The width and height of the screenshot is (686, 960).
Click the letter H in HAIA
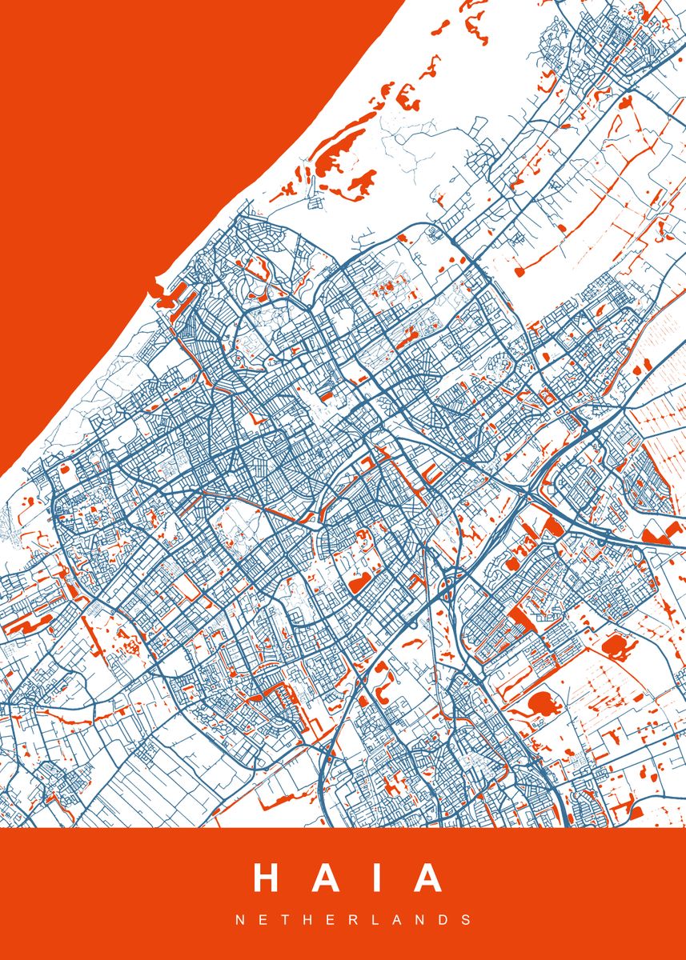click(269, 878)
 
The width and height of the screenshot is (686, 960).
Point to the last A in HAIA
click(427, 878)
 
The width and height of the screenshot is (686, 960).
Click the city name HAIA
click(348, 878)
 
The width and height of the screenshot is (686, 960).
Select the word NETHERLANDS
click(353, 921)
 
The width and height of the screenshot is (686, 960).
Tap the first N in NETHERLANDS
click(239, 921)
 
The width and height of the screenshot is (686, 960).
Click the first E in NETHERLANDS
click(263, 921)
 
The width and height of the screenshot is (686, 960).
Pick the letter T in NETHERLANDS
click(284, 921)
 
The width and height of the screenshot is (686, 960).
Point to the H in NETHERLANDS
click(307, 921)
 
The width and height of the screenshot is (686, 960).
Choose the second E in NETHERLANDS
click(330, 921)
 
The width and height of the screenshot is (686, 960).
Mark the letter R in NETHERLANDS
click(352, 921)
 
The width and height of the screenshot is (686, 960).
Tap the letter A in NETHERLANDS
click(396, 921)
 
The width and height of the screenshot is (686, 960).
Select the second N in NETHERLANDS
click(420, 921)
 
